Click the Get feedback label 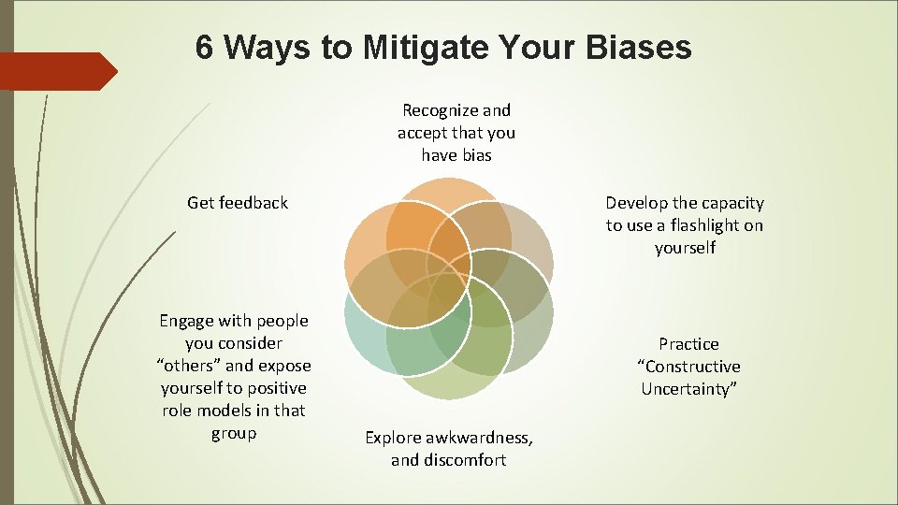point(238,202)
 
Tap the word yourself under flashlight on point(685,248)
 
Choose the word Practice point(688,344)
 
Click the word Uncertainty point(688,389)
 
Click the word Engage point(187,321)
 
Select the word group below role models point(234,433)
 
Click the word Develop point(636,203)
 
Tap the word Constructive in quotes point(688,367)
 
